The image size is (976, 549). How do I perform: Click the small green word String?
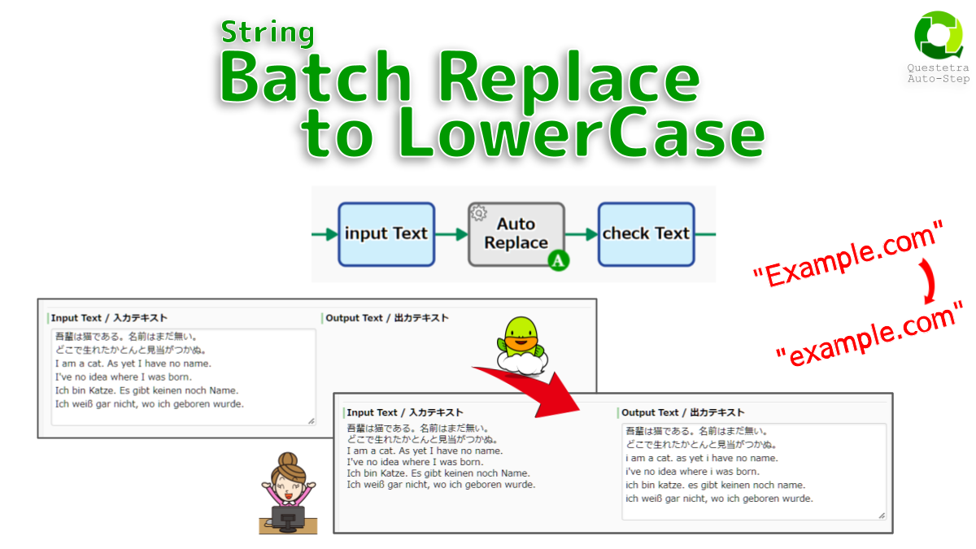[268, 33]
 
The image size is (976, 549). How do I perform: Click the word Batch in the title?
[316, 81]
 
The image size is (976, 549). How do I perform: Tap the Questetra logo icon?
[938, 35]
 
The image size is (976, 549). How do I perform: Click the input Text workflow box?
[386, 234]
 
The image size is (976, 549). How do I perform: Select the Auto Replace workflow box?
[516, 234]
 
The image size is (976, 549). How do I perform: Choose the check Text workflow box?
[646, 234]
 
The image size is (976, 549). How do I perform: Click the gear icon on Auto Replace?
[479, 213]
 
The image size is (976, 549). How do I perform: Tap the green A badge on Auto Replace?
[558, 261]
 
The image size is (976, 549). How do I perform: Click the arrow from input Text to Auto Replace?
[451, 234]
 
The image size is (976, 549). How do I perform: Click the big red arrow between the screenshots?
[529, 391]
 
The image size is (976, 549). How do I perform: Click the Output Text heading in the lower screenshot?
[682, 412]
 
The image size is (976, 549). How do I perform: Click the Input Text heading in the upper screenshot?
[109, 318]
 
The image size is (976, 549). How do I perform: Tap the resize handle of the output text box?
[881, 515]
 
